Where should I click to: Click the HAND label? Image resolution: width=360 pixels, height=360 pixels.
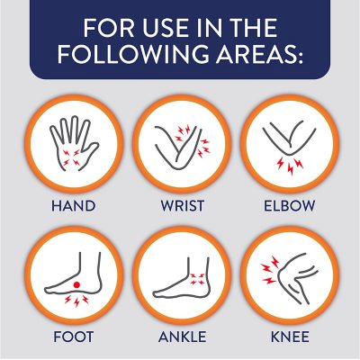(74, 206)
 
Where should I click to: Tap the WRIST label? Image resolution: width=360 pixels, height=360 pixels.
(183, 206)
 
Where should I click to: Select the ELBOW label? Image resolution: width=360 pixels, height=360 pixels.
(290, 206)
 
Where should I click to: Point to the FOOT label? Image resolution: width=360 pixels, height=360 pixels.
(74, 337)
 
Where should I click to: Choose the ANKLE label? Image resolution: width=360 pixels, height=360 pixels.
(183, 337)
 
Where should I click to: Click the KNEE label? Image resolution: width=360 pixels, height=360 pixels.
(290, 337)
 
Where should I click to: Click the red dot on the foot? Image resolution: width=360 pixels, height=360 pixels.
(76, 284)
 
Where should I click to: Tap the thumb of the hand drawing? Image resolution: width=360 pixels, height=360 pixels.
(92, 152)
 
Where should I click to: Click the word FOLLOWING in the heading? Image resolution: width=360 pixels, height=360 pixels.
(132, 54)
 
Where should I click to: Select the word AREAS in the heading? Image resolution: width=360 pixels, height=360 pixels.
(259, 54)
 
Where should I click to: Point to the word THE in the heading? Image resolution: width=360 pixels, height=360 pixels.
(251, 28)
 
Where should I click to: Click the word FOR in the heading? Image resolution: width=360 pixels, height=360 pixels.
(108, 28)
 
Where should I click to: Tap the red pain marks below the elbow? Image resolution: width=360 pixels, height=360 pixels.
(290, 166)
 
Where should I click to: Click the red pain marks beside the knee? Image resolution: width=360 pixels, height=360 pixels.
(270, 270)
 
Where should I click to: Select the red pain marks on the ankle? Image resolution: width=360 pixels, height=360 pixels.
(198, 279)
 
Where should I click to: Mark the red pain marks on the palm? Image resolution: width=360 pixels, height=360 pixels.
(71, 157)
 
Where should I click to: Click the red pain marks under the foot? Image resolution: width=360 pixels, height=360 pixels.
(76, 301)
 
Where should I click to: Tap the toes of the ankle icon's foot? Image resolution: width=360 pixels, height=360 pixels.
(157, 292)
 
